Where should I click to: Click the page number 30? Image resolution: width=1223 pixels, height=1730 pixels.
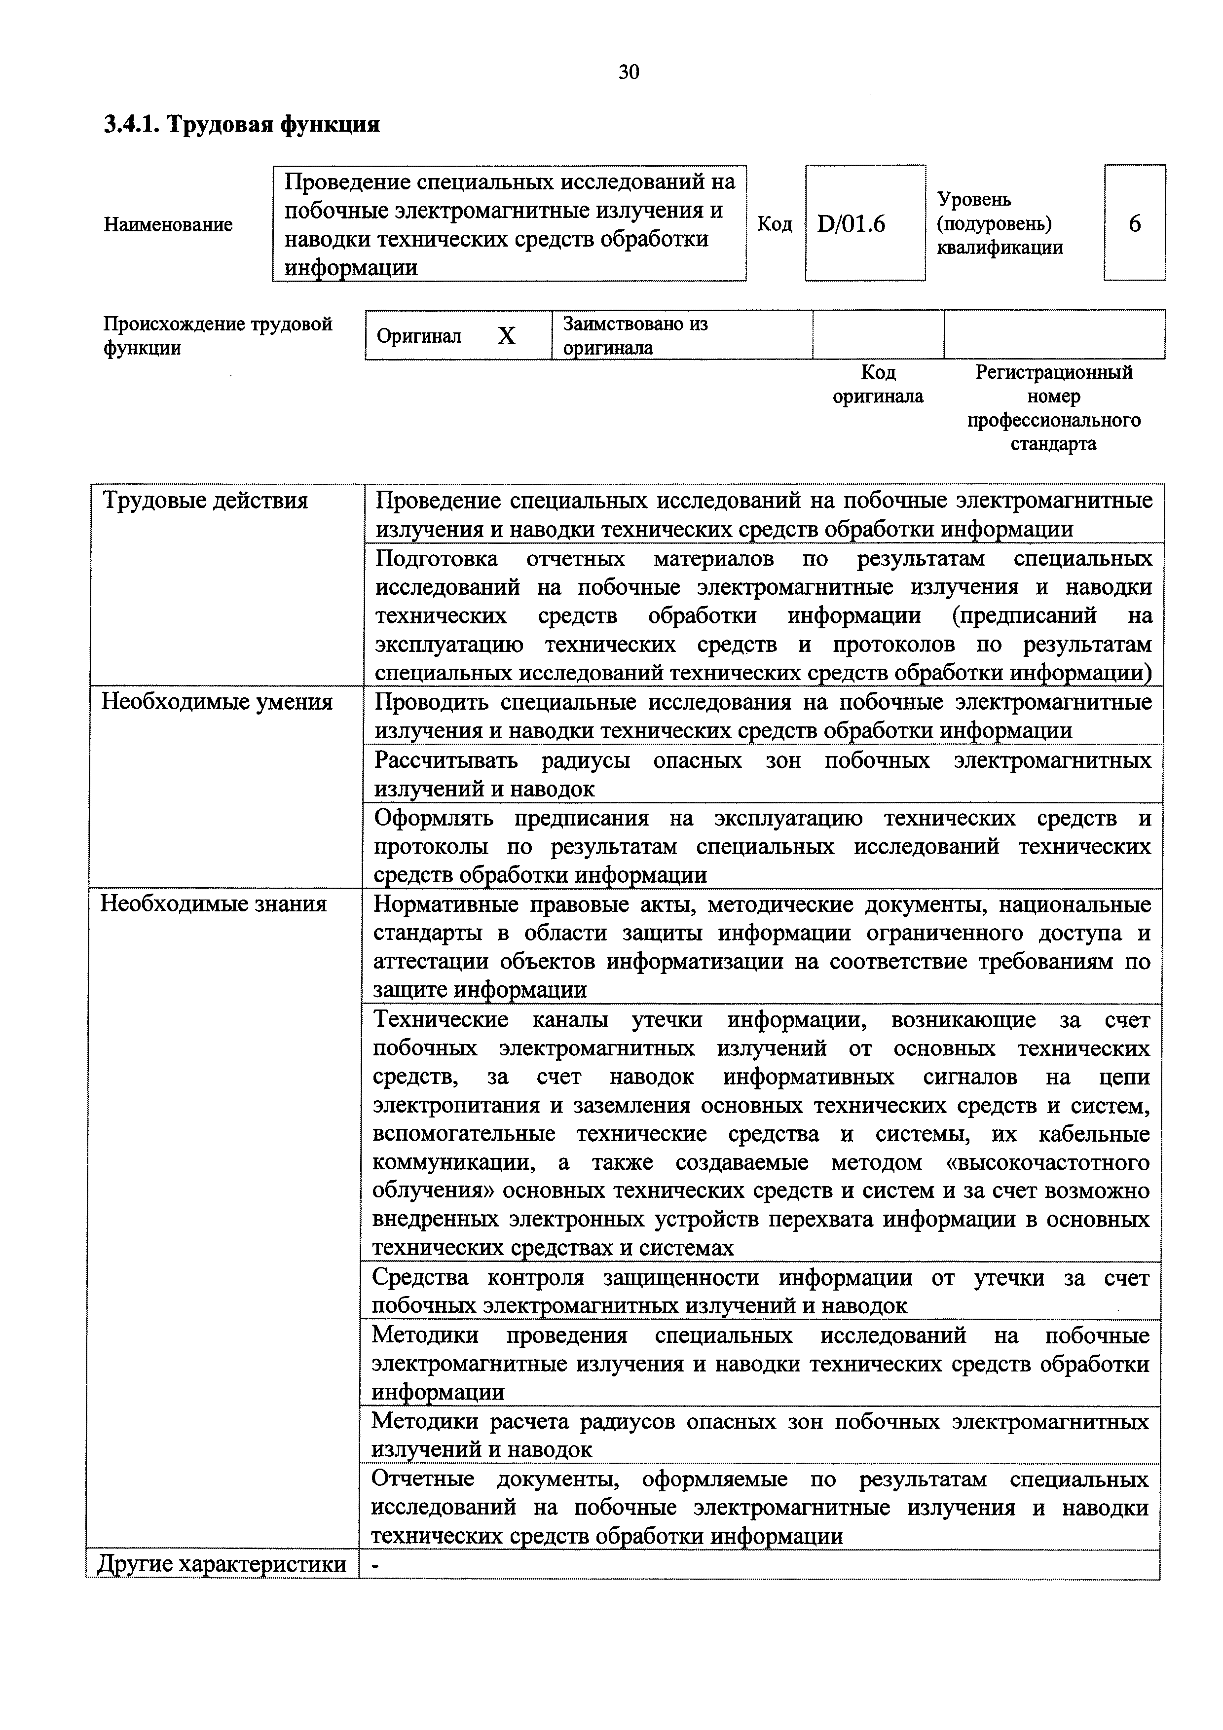pos(629,72)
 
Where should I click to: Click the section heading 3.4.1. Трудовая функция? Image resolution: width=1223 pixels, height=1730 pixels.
pos(241,124)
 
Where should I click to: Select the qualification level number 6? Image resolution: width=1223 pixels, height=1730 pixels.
pos(1134,224)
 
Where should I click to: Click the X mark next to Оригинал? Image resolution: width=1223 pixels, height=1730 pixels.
pos(506,336)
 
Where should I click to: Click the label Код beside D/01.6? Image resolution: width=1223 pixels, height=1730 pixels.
pos(775,224)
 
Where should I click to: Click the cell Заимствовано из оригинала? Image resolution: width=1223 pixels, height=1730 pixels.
pos(635,335)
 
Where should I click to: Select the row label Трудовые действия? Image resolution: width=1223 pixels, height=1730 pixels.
pos(205,501)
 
